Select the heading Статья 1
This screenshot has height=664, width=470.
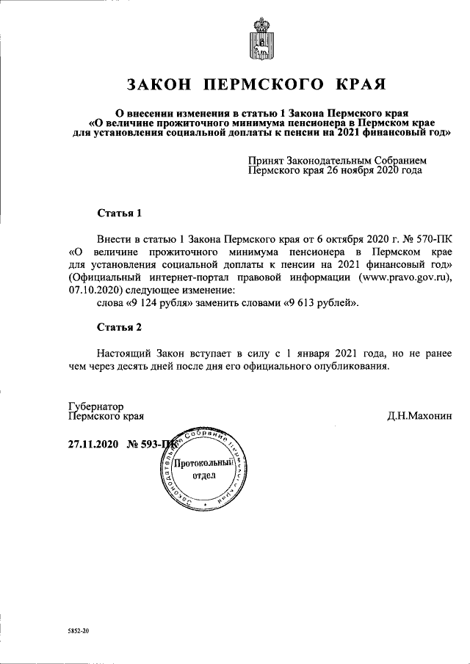(118, 214)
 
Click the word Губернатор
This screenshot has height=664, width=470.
(95, 405)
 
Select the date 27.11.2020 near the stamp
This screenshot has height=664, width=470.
(93, 443)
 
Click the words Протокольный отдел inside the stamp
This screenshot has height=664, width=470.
(205, 469)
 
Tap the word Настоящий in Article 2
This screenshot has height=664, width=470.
(123, 352)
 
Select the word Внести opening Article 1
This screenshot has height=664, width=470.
(114, 239)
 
